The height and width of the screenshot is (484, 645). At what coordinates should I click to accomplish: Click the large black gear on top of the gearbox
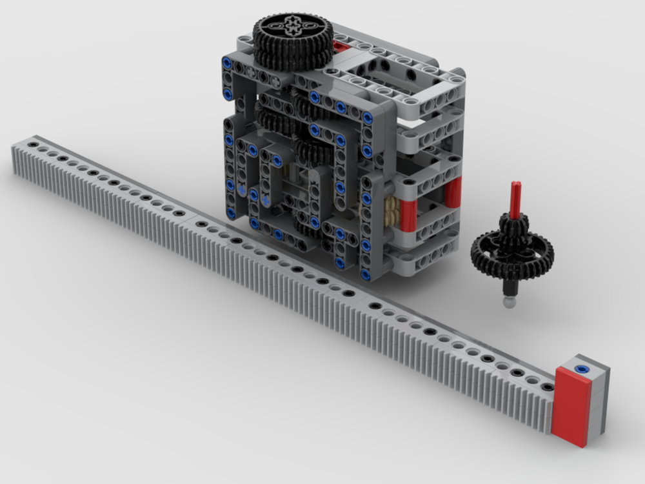pos(292,40)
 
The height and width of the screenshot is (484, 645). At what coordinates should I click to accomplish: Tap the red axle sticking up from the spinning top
pos(515,199)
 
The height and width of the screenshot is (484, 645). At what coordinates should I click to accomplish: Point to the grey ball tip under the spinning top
pos(510,302)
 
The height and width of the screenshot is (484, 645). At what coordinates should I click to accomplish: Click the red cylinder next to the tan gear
pos(409,214)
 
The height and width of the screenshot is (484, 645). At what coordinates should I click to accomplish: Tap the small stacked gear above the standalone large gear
pos(514,227)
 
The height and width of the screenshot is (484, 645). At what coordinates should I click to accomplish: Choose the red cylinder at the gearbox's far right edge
pos(453,192)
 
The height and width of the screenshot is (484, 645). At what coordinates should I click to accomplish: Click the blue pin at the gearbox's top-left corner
pos(227,63)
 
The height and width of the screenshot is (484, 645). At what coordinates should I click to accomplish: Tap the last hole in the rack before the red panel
pos(547,387)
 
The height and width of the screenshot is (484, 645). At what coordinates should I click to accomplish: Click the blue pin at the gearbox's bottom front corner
pos(366,275)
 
